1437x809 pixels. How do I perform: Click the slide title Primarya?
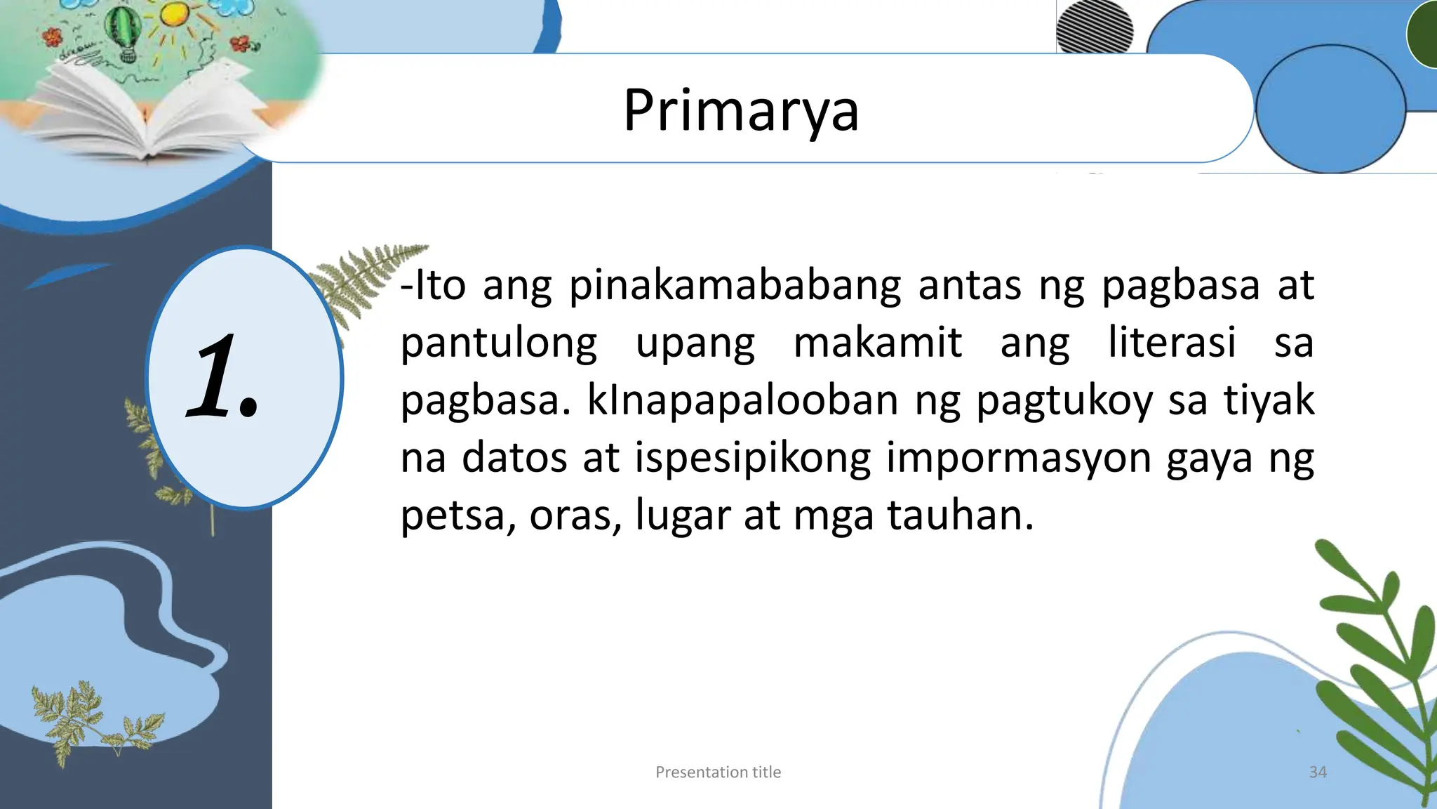[x=741, y=111]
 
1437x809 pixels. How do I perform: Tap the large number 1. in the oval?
[x=223, y=377]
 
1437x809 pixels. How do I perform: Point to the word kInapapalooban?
[x=742, y=401]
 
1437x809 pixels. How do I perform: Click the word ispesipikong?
[x=753, y=459]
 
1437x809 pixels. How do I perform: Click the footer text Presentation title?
[x=718, y=772]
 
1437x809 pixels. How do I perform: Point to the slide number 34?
[x=1318, y=772]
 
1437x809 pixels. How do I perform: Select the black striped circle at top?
[x=1094, y=26]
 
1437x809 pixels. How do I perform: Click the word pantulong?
[x=499, y=344]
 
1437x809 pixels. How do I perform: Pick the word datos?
[x=514, y=459]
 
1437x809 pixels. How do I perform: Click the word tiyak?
[x=1269, y=401]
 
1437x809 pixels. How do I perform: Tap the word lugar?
[x=683, y=516]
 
